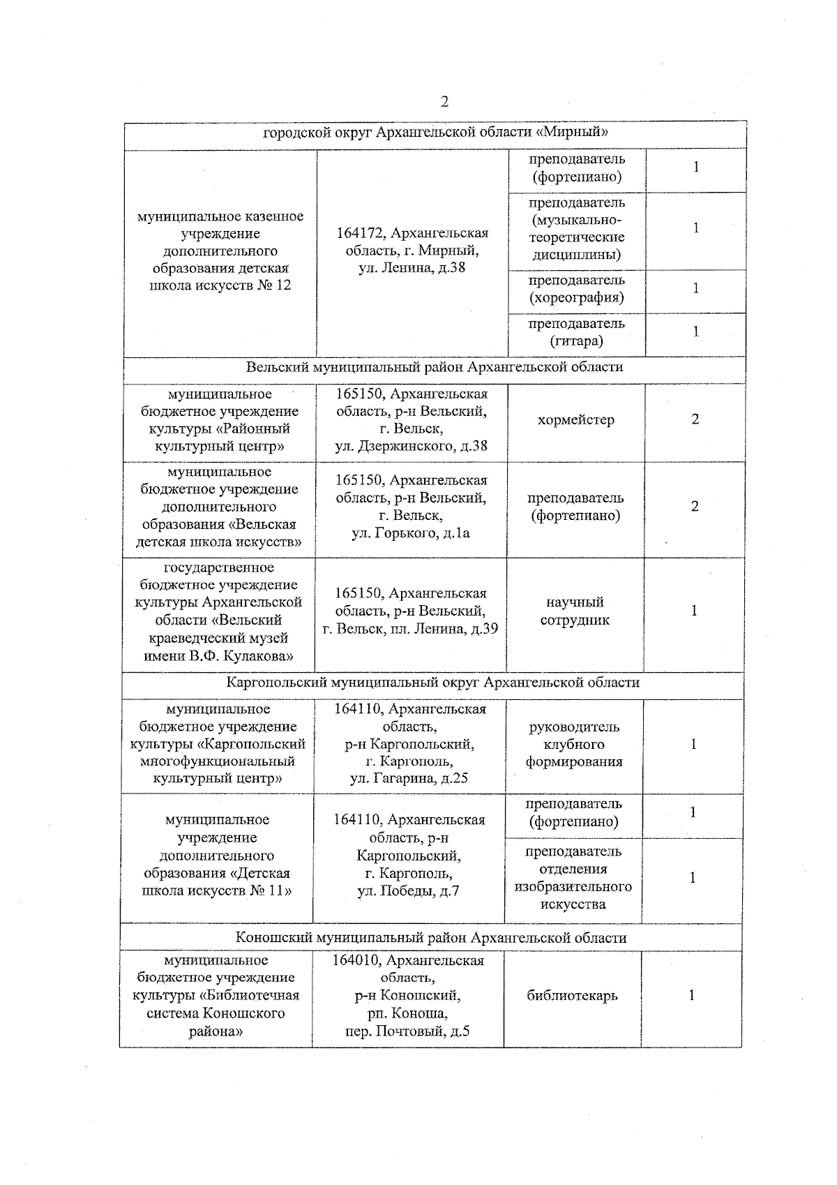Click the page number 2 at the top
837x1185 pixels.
click(444, 102)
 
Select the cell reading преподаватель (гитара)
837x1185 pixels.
click(577, 332)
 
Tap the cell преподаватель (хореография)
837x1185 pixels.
click(577, 289)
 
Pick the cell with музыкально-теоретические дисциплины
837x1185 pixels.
click(577, 229)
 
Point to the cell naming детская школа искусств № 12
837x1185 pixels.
click(220, 251)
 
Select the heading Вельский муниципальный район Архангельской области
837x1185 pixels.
click(434, 367)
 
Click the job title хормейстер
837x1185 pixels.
click(576, 420)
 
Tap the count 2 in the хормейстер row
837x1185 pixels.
click(695, 419)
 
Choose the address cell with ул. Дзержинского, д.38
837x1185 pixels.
click(412, 420)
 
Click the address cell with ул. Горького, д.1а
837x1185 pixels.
click(412, 507)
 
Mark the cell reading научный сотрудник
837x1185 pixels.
click(575, 611)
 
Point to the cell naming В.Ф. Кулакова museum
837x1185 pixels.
click(218, 611)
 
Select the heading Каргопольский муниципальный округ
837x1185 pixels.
click(433, 683)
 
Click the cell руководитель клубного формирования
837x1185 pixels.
click(574, 744)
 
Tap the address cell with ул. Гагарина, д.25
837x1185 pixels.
click(410, 744)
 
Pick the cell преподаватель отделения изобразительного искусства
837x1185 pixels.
click(573, 878)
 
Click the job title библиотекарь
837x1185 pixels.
click(572, 996)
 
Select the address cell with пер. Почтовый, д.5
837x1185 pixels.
click(408, 996)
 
